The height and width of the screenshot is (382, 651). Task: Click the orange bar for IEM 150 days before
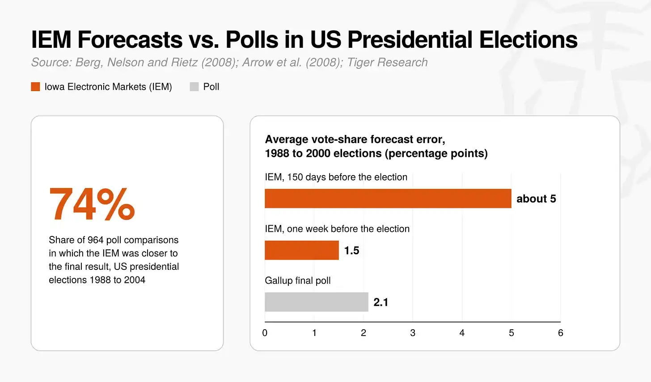pos(388,198)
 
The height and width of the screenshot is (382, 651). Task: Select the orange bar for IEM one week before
pos(302,250)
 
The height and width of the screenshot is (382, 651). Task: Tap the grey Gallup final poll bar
pos(317,302)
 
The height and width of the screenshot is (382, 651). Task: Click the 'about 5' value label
pos(536,199)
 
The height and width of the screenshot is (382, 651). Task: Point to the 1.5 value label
pos(351,250)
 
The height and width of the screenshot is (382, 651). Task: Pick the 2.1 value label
pos(381,302)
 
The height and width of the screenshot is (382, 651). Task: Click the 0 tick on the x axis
pos(265,333)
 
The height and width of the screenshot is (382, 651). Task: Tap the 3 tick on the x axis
pos(413,333)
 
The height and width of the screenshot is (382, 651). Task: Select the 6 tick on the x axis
pos(561,333)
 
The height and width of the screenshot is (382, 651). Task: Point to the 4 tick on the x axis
pos(462,333)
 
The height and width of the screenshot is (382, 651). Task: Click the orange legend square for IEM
pos(35,87)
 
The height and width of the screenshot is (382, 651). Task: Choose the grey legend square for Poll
pos(194,87)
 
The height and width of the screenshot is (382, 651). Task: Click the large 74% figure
pos(92,204)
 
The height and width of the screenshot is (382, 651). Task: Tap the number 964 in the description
pos(95,240)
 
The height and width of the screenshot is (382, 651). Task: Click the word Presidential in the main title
pos(410,40)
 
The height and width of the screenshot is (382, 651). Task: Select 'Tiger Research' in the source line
pos(387,63)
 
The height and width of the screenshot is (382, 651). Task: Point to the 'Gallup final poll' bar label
pos(298,281)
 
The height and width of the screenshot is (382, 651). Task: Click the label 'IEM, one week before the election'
pos(337,229)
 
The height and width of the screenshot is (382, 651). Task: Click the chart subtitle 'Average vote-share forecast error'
pos(355,139)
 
